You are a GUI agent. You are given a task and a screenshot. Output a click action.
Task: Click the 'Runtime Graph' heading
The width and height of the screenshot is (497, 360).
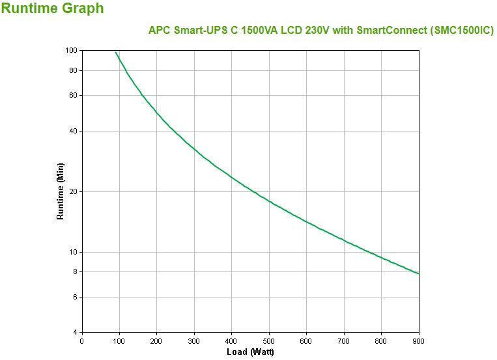point(53,8)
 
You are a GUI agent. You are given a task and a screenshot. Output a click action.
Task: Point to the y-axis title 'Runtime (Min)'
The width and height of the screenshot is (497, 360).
point(61,191)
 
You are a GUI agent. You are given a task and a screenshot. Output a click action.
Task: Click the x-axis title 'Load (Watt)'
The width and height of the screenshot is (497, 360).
point(250,352)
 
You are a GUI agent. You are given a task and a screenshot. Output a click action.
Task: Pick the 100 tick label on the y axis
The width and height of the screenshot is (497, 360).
point(72,51)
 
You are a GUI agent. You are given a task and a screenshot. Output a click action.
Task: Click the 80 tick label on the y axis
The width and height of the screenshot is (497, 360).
point(74,70)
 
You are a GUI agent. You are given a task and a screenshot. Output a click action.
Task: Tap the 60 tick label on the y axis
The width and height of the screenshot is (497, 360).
point(74,95)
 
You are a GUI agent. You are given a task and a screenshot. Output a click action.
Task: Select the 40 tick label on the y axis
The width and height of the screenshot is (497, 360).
point(74,131)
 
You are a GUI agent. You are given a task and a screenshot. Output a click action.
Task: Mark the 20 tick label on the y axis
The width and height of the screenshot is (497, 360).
point(74,191)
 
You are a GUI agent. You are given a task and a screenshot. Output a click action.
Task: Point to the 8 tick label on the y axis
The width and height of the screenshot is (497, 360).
point(76,271)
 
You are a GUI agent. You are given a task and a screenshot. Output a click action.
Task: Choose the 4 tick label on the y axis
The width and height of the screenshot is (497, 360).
point(76,333)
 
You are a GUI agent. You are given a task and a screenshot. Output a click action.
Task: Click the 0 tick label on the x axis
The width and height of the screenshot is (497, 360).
point(81,341)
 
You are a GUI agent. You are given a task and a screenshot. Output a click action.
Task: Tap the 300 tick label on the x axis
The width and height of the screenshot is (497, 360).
point(194,341)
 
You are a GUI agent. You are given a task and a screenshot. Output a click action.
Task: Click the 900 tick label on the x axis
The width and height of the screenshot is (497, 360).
point(419,341)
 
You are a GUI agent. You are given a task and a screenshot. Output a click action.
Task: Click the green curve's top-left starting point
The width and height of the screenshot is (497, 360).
point(116,52)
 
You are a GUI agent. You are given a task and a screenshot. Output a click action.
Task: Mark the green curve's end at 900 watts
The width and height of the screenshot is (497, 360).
point(418,273)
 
